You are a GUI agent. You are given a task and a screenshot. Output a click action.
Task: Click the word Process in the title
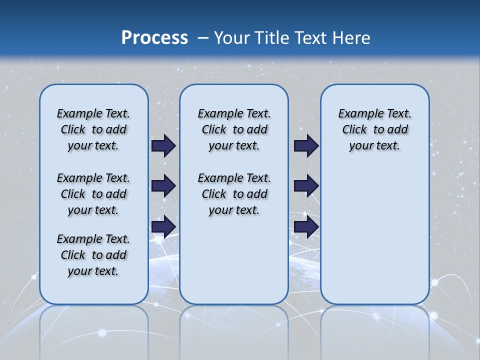click(x=154, y=38)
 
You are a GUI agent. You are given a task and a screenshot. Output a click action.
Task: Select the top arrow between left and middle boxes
click(x=163, y=146)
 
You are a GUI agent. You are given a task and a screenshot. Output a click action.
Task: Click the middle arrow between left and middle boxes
click(x=163, y=186)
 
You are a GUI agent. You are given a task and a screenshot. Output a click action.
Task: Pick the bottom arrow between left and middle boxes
click(x=163, y=226)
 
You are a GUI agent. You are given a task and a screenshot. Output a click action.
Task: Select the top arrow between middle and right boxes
click(x=306, y=146)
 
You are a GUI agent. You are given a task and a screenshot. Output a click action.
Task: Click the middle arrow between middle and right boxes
click(x=306, y=186)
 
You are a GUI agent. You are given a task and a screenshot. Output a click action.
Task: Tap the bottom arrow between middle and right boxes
click(x=306, y=226)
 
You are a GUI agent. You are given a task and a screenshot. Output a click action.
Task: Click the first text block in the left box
click(x=93, y=129)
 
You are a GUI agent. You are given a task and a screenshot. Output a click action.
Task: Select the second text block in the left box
click(x=93, y=194)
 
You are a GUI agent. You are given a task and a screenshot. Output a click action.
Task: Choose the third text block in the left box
click(x=93, y=255)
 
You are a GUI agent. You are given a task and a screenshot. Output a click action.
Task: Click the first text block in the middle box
click(x=234, y=129)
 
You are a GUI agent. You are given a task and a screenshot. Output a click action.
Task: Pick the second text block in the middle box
click(x=234, y=194)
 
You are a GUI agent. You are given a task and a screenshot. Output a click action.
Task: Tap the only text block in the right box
click(x=374, y=129)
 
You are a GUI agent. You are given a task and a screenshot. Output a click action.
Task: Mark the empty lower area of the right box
click(x=374, y=235)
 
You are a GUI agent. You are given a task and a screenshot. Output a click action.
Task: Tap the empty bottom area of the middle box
click(x=234, y=265)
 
